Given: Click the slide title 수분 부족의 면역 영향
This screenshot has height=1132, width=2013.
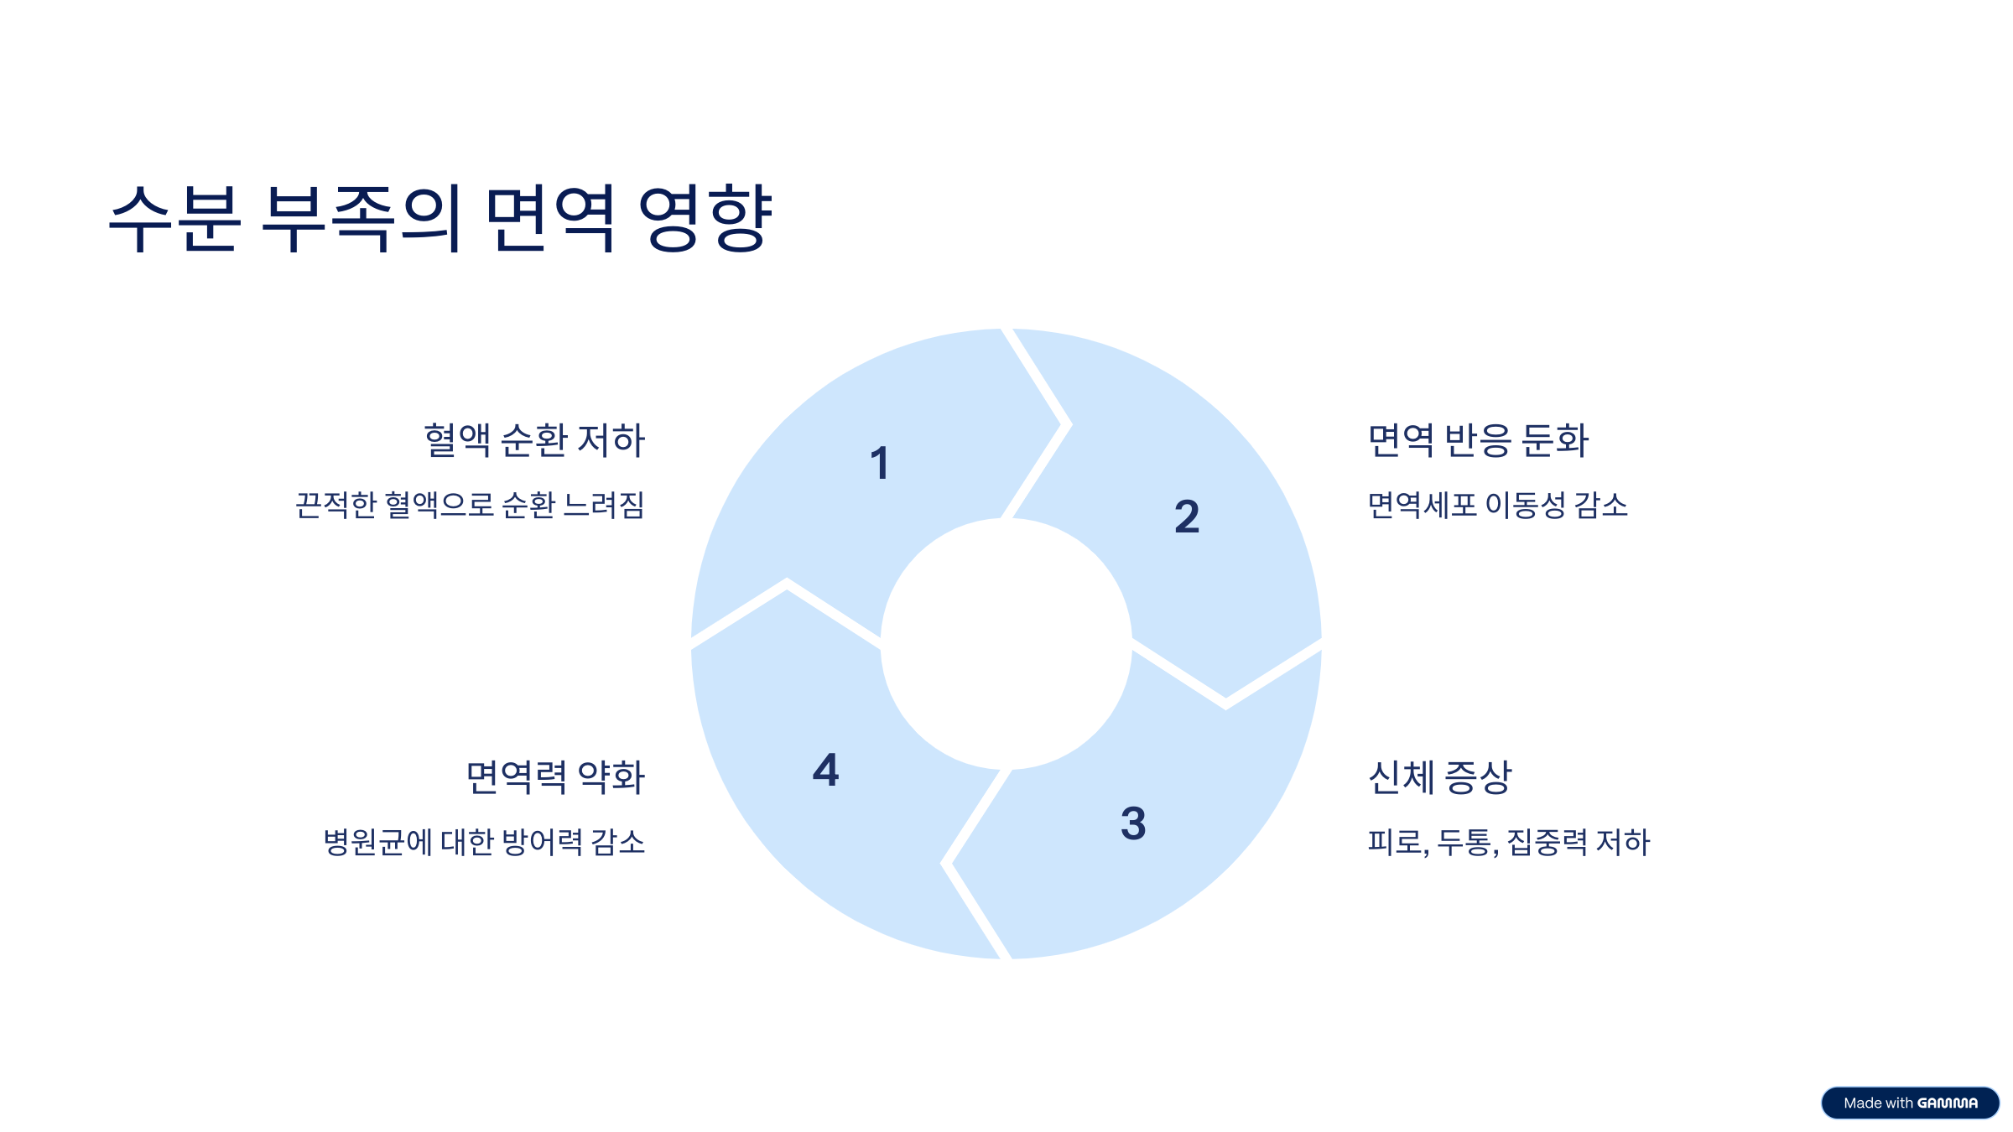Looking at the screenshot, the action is pos(440,218).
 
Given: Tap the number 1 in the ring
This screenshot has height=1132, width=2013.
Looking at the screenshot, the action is pos(879,464).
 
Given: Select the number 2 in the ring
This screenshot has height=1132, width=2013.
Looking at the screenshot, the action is pos(1186,517).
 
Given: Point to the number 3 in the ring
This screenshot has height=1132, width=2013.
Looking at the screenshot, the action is pos(1133,823).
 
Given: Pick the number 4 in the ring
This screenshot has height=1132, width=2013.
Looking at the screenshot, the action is pos(825,770).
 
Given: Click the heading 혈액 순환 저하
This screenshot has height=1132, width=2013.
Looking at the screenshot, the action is pos(534,440).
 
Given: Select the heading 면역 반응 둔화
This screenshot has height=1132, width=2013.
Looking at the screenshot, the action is pos(1478,440).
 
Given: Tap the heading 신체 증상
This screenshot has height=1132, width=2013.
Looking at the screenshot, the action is pos(1439,776).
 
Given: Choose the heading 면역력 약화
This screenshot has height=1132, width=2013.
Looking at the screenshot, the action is pos(555,776).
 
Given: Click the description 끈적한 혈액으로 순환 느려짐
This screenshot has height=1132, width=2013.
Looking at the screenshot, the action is pos(470,505).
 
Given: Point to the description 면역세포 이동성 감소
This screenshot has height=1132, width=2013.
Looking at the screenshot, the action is pos(1497,505).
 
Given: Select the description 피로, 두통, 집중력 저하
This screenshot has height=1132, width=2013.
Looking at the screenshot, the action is pos(1508,842).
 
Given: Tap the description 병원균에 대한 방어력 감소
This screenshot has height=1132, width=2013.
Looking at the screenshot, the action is pos(484,842).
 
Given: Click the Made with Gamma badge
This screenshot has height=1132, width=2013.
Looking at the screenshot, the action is pos(1910,1103).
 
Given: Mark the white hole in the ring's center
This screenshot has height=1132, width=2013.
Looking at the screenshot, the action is pos(1006,644).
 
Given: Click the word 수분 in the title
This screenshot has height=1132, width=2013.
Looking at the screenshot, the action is pos(174,218).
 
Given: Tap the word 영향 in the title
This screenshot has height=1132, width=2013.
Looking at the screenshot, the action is pos(705,218).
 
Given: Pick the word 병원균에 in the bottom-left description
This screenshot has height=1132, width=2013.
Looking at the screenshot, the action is pos(377,842).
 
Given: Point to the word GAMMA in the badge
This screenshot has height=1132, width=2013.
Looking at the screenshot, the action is pos(1948,1103).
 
